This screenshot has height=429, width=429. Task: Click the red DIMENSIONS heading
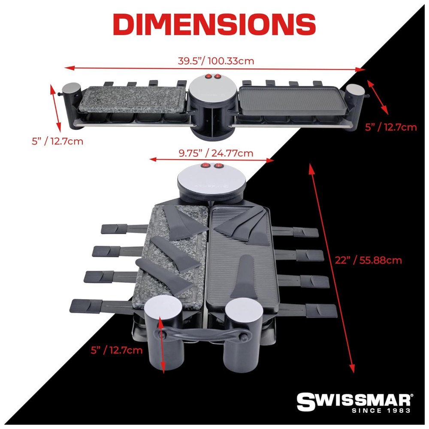click(x=214, y=24)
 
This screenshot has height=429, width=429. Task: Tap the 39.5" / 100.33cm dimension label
click(x=216, y=61)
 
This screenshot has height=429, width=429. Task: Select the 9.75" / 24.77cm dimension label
click(x=216, y=153)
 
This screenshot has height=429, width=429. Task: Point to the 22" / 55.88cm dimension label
click(x=368, y=260)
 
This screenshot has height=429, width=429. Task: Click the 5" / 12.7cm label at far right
click(x=391, y=127)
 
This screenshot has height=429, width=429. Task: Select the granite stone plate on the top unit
click(x=133, y=100)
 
